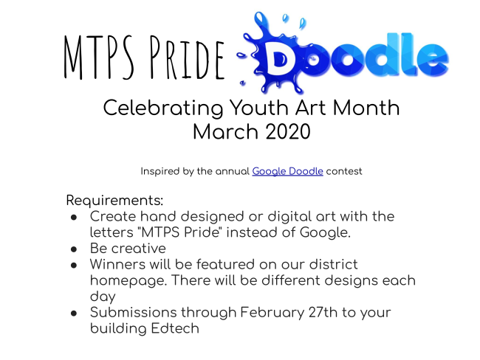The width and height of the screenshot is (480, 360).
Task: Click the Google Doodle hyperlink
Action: click(x=287, y=172)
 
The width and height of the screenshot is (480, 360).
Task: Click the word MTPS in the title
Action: click(x=98, y=58)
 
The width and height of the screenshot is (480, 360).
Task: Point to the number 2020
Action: click(x=288, y=132)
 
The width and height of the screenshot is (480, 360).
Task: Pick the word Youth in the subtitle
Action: click(x=259, y=108)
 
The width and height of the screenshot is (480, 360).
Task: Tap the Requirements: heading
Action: click(x=114, y=201)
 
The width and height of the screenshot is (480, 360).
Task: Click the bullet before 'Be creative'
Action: click(x=74, y=249)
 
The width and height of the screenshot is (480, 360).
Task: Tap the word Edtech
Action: click(x=175, y=329)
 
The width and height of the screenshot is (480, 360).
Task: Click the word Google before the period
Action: click(x=325, y=233)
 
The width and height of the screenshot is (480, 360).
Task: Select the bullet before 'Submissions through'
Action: click(x=74, y=314)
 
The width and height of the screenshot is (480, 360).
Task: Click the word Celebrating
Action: click(x=163, y=108)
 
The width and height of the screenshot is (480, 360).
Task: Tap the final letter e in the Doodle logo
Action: click(x=433, y=58)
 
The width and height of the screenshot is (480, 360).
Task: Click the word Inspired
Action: click(x=160, y=172)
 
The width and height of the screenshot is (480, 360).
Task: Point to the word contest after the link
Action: click(x=344, y=172)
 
